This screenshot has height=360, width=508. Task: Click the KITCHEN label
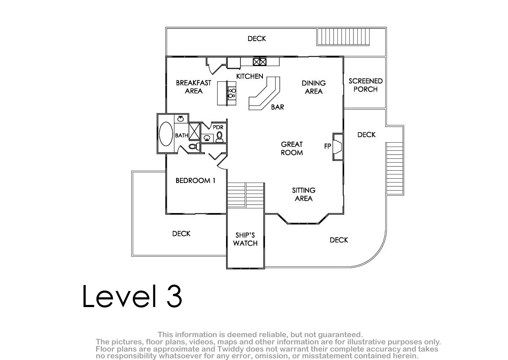coord(250,76)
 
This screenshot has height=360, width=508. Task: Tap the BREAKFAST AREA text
coord(193,87)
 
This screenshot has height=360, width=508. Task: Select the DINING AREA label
coord(314,87)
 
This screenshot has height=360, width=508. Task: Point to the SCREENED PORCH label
coord(366,85)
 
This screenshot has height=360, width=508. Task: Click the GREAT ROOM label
coord(292,148)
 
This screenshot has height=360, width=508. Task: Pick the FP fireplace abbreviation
coord(328,146)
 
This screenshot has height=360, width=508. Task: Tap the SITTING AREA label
coord(304,194)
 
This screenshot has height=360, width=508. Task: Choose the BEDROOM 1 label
coord(195,180)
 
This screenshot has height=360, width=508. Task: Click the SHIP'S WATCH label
coord(245,239)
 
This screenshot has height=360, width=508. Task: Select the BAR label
coord(278,107)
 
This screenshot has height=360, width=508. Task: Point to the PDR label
coord(218,127)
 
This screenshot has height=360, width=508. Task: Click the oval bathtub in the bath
coord(166,134)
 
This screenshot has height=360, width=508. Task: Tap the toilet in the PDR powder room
coord(219,137)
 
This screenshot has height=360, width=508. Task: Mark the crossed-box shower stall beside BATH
coord(194,131)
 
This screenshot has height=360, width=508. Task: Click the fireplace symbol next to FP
coord(338,147)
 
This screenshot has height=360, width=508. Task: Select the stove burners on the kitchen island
coord(232,93)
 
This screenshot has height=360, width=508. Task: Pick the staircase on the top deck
coord(343,37)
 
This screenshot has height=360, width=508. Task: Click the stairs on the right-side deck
coord(395,169)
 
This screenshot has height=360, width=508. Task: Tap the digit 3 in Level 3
coord(174,296)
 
